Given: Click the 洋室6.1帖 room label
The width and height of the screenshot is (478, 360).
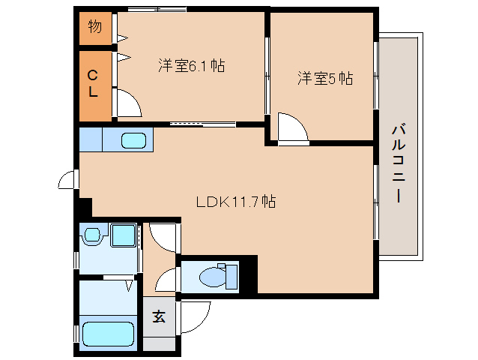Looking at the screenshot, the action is pyautogui.click(x=192, y=65).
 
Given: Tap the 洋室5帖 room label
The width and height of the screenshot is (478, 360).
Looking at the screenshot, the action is pyautogui.click(x=325, y=78).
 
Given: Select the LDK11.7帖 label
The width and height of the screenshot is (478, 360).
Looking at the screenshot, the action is pyautogui.click(x=236, y=202).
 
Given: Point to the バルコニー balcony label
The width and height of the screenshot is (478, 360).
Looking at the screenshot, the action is pyautogui.click(x=399, y=163).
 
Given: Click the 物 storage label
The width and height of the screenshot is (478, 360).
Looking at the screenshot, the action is pyautogui.click(x=95, y=26).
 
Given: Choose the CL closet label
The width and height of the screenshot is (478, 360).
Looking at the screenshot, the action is pyautogui.click(x=93, y=83).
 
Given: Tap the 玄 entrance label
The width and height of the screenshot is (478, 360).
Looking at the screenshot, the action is pyautogui.click(x=159, y=316).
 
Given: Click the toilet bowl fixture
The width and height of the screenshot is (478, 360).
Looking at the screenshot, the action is pyautogui.click(x=218, y=276).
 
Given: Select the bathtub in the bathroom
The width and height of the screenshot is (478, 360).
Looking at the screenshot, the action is pyautogui.click(x=108, y=334).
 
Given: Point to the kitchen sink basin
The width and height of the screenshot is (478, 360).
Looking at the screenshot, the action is pyautogui.click(x=133, y=140).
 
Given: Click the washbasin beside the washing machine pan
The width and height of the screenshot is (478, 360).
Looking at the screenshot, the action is pyautogui.click(x=91, y=235).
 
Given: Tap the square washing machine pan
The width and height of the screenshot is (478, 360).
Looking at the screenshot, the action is pyautogui.click(x=123, y=235).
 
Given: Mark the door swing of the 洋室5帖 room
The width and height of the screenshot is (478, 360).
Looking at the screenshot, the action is pyautogui.click(x=293, y=127).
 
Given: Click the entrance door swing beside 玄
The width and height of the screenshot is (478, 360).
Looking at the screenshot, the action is pyautogui.click(x=196, y=317).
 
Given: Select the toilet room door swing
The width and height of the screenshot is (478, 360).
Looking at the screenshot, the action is pyautogui.click(x=166, y=279).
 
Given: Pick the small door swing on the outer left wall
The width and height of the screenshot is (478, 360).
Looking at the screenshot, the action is pyautogui.click(x=67, y=180).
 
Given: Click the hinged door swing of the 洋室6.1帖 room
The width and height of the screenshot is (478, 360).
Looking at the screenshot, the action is pyautogui.click(x=130, y=103).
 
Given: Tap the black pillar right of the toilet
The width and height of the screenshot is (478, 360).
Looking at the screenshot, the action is pyautogui.click(x=249, y=274).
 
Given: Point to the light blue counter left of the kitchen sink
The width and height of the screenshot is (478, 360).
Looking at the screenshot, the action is pyautogui.click(x=91, y=139).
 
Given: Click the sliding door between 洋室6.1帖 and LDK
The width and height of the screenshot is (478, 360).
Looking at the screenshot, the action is pyautogui.click(x=203, y=124).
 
